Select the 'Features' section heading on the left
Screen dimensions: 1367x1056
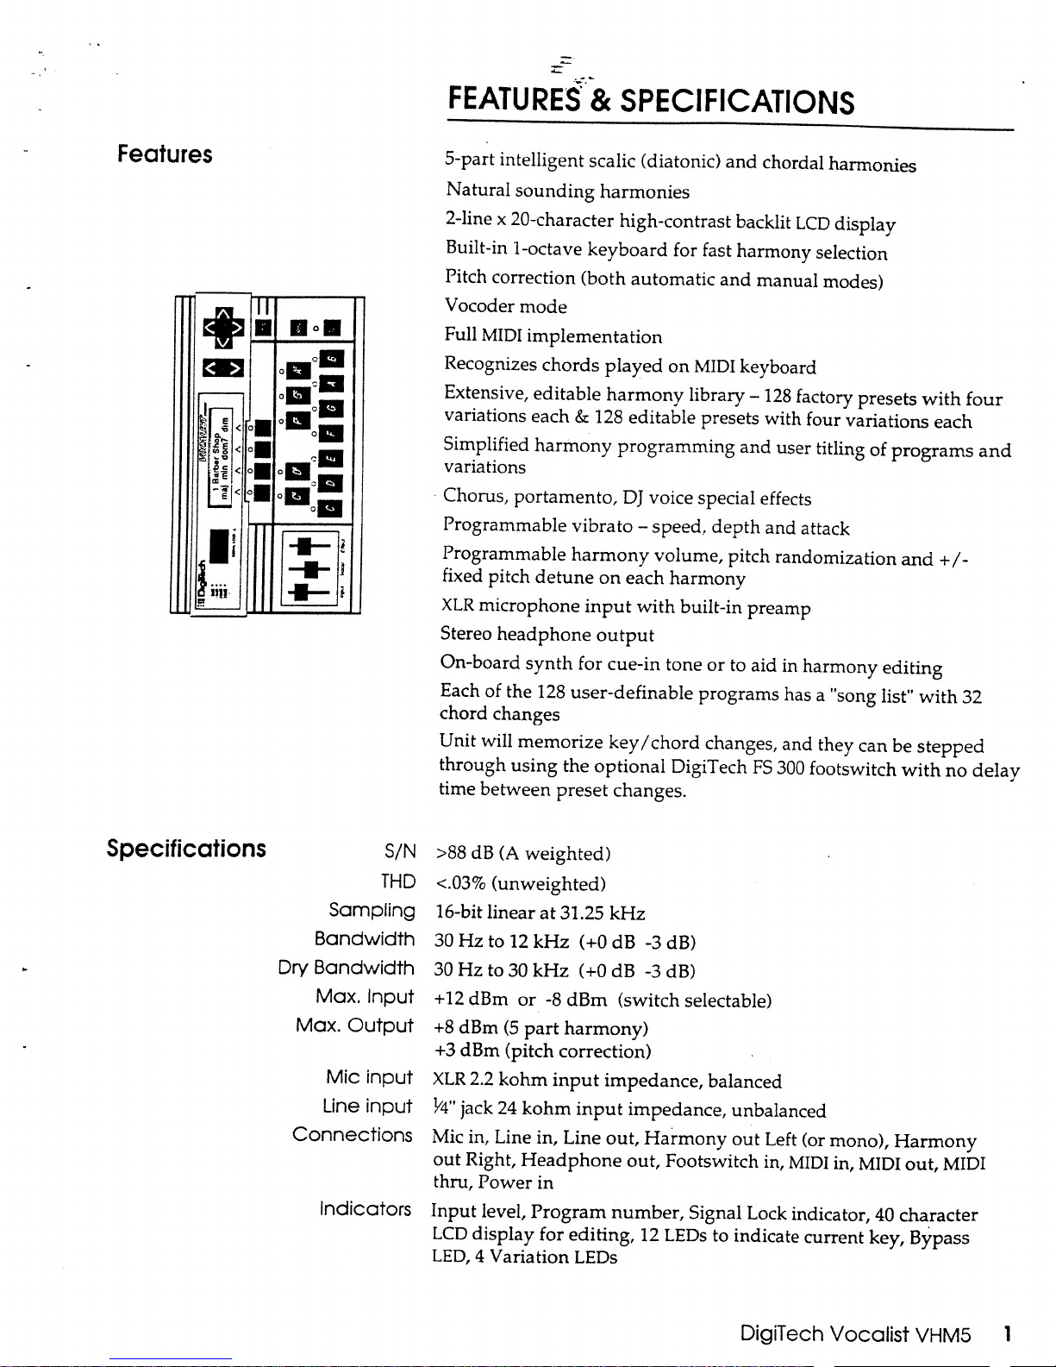click(165, 154)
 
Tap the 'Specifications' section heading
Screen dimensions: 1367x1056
click(186, 849)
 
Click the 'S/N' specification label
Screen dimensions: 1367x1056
click(400, 852)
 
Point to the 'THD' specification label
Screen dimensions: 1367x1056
click(398, 881)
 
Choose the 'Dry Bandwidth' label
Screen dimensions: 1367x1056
click(346, 968)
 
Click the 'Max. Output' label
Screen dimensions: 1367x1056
click(354, 1025)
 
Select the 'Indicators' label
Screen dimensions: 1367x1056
click(365, 1208)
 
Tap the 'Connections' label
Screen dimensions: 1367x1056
click(352, 1134)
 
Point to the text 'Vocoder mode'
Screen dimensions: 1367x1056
click(506, 306)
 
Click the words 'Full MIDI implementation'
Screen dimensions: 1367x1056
click(553, 336)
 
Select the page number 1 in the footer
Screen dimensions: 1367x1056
click(1006, 1334)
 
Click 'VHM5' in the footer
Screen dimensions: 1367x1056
click(943, 1334)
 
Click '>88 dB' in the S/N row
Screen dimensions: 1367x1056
click(464, 854)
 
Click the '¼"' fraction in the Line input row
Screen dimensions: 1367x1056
click(443, 1108)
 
